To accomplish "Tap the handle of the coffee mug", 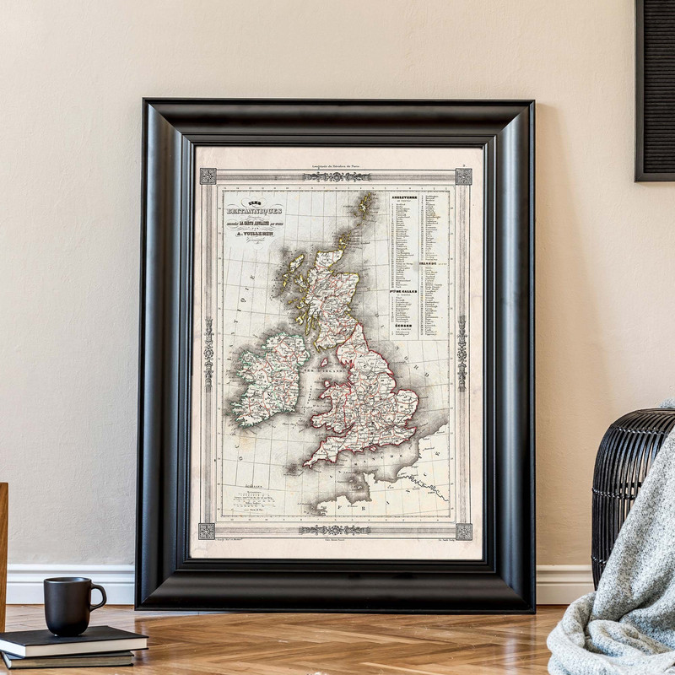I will [98, 597].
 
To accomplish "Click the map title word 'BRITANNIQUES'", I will [254, 210].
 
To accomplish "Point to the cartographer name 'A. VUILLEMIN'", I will [254, 233].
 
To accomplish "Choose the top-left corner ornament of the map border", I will [208, 176].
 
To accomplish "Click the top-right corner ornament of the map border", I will [463, 176].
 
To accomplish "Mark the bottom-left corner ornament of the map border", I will [207, 531].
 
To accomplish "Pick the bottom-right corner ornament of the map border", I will [463, 532].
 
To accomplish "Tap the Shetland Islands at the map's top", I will [364, 205].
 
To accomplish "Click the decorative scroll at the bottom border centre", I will [335, 530].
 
